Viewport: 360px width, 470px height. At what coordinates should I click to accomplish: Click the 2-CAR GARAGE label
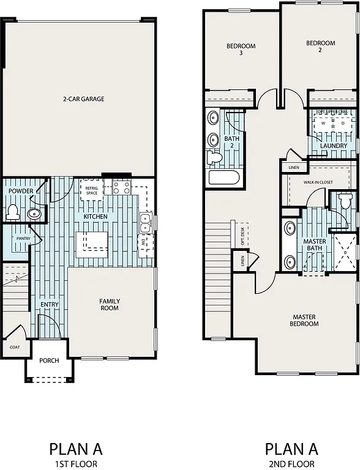(x=83, y=99)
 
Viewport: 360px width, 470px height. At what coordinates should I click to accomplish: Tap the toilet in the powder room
(x=13, y=212)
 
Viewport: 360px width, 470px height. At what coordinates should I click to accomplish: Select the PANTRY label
(x=23, y=239)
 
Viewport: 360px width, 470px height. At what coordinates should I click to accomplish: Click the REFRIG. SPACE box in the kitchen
(x=92, y=190)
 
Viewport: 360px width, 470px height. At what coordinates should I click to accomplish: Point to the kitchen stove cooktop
(x=120, y=187)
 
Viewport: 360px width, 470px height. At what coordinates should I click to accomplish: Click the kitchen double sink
(x=146, y=223)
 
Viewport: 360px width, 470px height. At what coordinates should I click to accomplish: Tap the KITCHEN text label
(x=95, y=217)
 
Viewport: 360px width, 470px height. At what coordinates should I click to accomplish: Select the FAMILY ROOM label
(x=110, y=304)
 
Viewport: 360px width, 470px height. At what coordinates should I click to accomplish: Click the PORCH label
(x=49, y=360)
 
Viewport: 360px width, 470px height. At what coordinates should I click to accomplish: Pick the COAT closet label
(x=14, y=347)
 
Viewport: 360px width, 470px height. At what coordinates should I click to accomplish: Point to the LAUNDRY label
(x=333, y=146)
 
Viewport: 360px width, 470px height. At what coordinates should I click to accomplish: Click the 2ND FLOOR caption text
(x=291, y=464)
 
